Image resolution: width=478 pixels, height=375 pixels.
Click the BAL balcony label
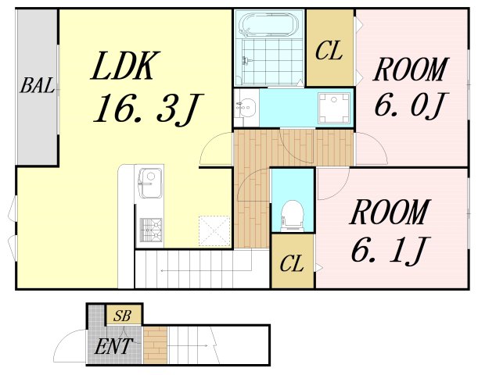(38, 85)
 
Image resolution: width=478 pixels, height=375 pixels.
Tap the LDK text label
(126, 66)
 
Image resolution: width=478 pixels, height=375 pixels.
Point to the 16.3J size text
(148, 108)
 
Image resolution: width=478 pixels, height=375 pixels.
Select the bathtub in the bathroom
(268, 25)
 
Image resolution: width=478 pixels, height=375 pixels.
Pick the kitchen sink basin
(150, 182)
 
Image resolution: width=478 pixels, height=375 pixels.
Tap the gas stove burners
(151, 230)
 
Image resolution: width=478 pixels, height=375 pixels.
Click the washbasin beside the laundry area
(246, 108)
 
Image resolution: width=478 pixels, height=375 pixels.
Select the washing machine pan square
(334, 108)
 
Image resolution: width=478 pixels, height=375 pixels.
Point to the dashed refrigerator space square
(214, 230)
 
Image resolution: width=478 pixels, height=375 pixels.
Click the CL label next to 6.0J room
(329, 51)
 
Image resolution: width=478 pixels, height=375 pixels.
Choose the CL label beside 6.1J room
(292, 263)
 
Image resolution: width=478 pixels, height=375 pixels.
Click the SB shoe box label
(122, 316)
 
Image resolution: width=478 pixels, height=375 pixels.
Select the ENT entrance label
(113, 346)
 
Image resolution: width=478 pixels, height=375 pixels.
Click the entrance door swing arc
(64, 337)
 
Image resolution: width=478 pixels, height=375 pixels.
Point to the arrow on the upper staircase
(206, 270)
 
